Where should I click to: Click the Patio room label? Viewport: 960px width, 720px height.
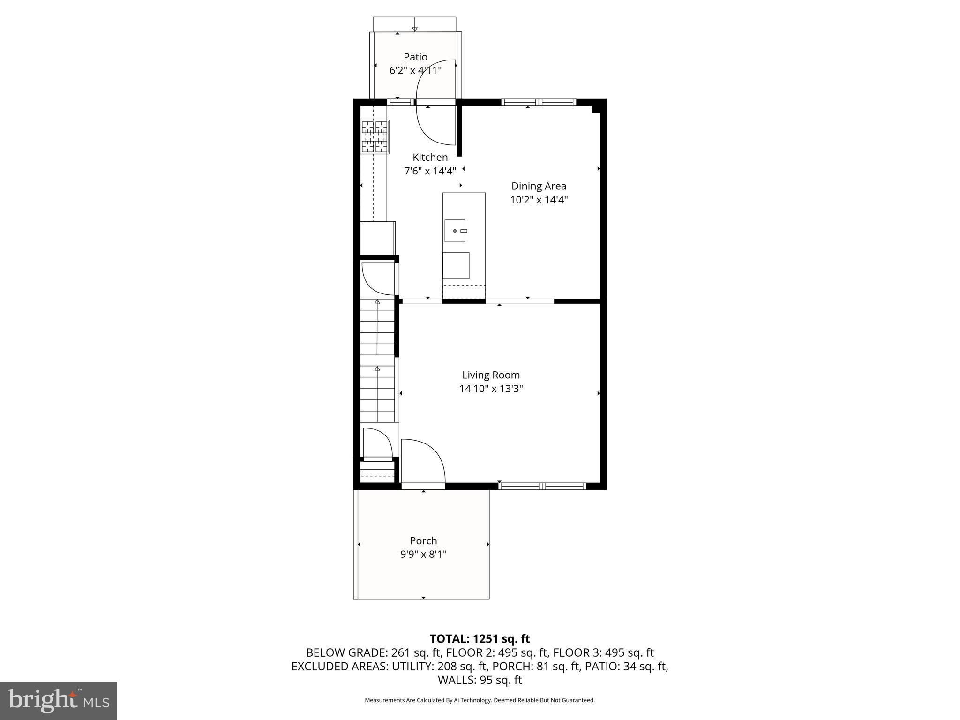415,57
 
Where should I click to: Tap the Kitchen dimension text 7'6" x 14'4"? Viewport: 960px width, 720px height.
430,171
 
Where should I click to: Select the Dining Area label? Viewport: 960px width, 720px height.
539,186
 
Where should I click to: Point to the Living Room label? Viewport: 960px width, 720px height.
491,375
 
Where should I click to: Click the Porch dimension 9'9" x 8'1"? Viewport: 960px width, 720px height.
423,554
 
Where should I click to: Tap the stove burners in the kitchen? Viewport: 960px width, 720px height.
375,136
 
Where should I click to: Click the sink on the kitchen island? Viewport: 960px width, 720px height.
455,231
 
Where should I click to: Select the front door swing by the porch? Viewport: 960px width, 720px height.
422,459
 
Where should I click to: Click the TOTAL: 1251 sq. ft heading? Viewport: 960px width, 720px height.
480,638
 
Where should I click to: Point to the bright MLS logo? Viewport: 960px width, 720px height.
59,700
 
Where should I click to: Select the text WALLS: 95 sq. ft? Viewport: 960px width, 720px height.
480,680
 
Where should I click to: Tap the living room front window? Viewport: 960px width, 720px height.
542,486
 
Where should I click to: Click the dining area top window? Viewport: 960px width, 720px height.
538,102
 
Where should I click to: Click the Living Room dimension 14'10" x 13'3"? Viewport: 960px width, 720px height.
491,389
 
